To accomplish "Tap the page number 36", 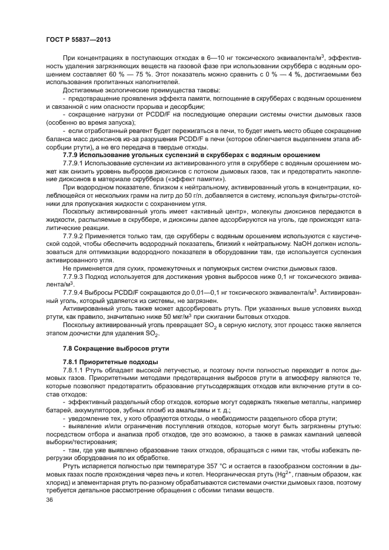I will (x=49, y=499).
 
